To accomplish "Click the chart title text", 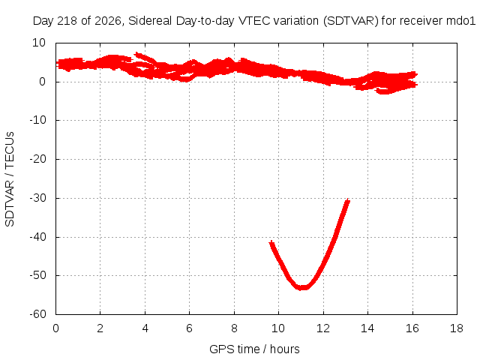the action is (x=254, y=21).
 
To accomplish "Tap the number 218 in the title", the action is (x=69, y=21).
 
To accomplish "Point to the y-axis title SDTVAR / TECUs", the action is (x=10, y=179).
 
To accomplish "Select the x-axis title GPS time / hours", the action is (x=254, y=349).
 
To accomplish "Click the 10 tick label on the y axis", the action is (x=39, y=43).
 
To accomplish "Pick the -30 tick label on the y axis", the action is (x=37, y=198).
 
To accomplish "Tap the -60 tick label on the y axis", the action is (x=37, y=314).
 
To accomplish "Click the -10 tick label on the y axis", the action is (x=37, y=120).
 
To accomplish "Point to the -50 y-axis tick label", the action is (x=37, y=275).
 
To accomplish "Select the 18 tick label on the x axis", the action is (x=457, y=328).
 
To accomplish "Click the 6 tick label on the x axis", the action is (x=189, y=328).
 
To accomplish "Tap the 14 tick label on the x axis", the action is (x=367, y=328).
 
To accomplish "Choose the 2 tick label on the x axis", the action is (x=100, y=328).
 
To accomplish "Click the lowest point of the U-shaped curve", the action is (x=302, y=288).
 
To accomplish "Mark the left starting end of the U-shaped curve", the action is (x=271, y=243).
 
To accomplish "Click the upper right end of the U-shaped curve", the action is (x=347, y=201).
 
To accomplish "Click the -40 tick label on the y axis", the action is (x=37, y=237).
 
